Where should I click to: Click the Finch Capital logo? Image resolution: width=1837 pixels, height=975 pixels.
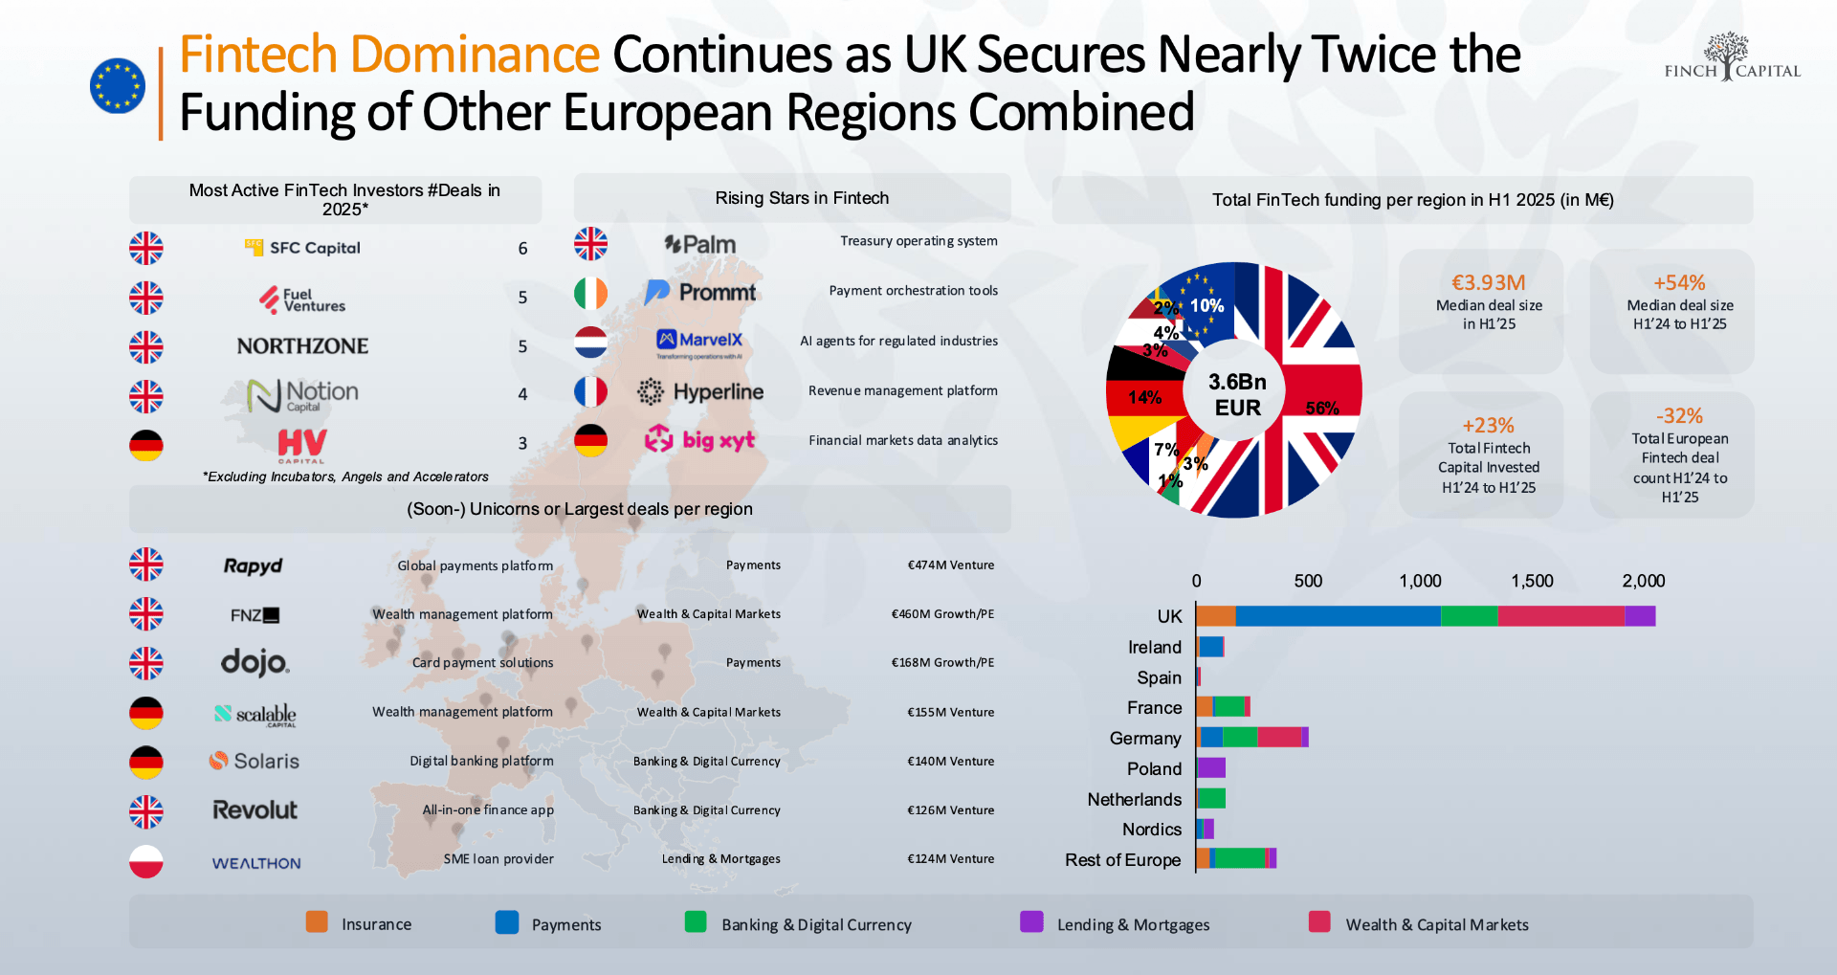coord(1732,59)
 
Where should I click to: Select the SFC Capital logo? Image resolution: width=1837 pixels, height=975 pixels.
coord(302,248)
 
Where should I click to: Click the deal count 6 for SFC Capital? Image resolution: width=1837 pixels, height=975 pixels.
coord(522,249)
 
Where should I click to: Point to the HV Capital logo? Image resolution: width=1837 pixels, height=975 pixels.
coord(302,445)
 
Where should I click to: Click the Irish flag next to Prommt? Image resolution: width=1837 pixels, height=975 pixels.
coord(590,293)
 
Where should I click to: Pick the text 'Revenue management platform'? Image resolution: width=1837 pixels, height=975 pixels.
coord(902,390)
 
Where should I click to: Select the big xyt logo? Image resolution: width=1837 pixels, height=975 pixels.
coord(699,440)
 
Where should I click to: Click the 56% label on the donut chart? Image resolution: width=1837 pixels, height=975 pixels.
coord(1322,409)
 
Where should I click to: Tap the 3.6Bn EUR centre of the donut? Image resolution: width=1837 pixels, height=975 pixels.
coord(1237,394)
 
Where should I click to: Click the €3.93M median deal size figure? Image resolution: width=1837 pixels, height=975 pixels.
coord(1488,283)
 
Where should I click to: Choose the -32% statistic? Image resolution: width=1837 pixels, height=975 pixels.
coord(1679,416)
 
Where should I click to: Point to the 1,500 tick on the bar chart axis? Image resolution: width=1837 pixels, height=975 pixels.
coord(1532,581)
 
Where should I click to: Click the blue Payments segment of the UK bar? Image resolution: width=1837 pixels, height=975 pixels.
coord(1338,616)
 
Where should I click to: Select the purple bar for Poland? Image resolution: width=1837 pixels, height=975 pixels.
coord(1211,768)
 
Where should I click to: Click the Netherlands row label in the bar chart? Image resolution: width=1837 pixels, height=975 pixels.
coord(1134,799)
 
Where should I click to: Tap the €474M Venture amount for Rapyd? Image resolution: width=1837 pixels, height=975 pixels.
coord(950,565)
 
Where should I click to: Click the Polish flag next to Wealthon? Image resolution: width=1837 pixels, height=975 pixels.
coord(146,861)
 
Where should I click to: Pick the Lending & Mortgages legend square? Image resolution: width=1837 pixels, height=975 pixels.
coord(1031,921)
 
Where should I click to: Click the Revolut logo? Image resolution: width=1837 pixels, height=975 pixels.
coord(255,810)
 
